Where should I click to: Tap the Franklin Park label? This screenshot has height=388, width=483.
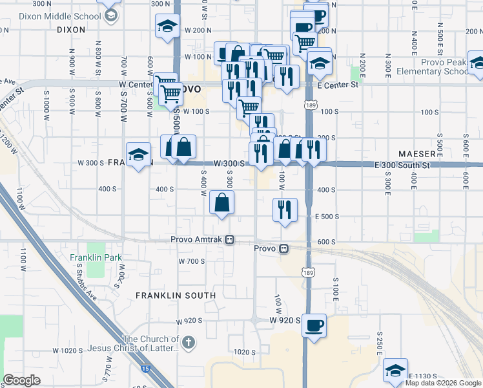[96, 257]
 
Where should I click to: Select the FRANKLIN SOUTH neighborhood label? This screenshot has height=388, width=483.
[176, 296]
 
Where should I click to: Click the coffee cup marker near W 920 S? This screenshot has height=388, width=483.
[314, 325]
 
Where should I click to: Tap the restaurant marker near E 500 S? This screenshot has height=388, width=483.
[285, 209]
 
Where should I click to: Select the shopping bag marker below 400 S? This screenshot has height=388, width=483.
[222, 203]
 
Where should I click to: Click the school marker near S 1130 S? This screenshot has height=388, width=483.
[395, 371]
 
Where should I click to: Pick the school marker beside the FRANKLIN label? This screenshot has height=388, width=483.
[138, 155]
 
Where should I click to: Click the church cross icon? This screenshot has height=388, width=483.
[188, 343]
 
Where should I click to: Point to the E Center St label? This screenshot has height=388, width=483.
[337, 85]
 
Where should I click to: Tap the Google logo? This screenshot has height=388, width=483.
[22, 380]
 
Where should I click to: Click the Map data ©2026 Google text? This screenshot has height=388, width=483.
[443, 383]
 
